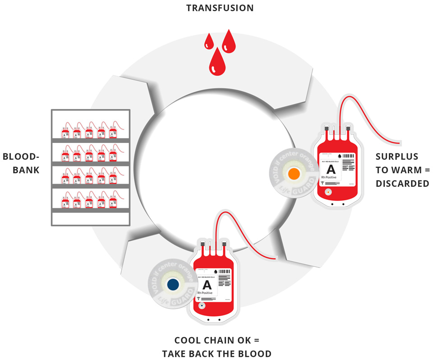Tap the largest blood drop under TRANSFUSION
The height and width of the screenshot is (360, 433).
tap(216, 63)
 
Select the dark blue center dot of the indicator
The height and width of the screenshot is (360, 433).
tap(172, 284)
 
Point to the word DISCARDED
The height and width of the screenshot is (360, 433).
tap(402, 184)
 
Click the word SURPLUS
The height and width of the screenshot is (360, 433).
tap(396, 157)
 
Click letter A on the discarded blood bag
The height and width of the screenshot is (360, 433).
tap(331, 170)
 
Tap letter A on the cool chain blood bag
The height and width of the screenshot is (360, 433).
tap(207, 285)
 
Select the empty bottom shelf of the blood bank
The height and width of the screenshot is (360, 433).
tap(91, 218)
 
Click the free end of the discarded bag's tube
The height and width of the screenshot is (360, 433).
tap(399, 144)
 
